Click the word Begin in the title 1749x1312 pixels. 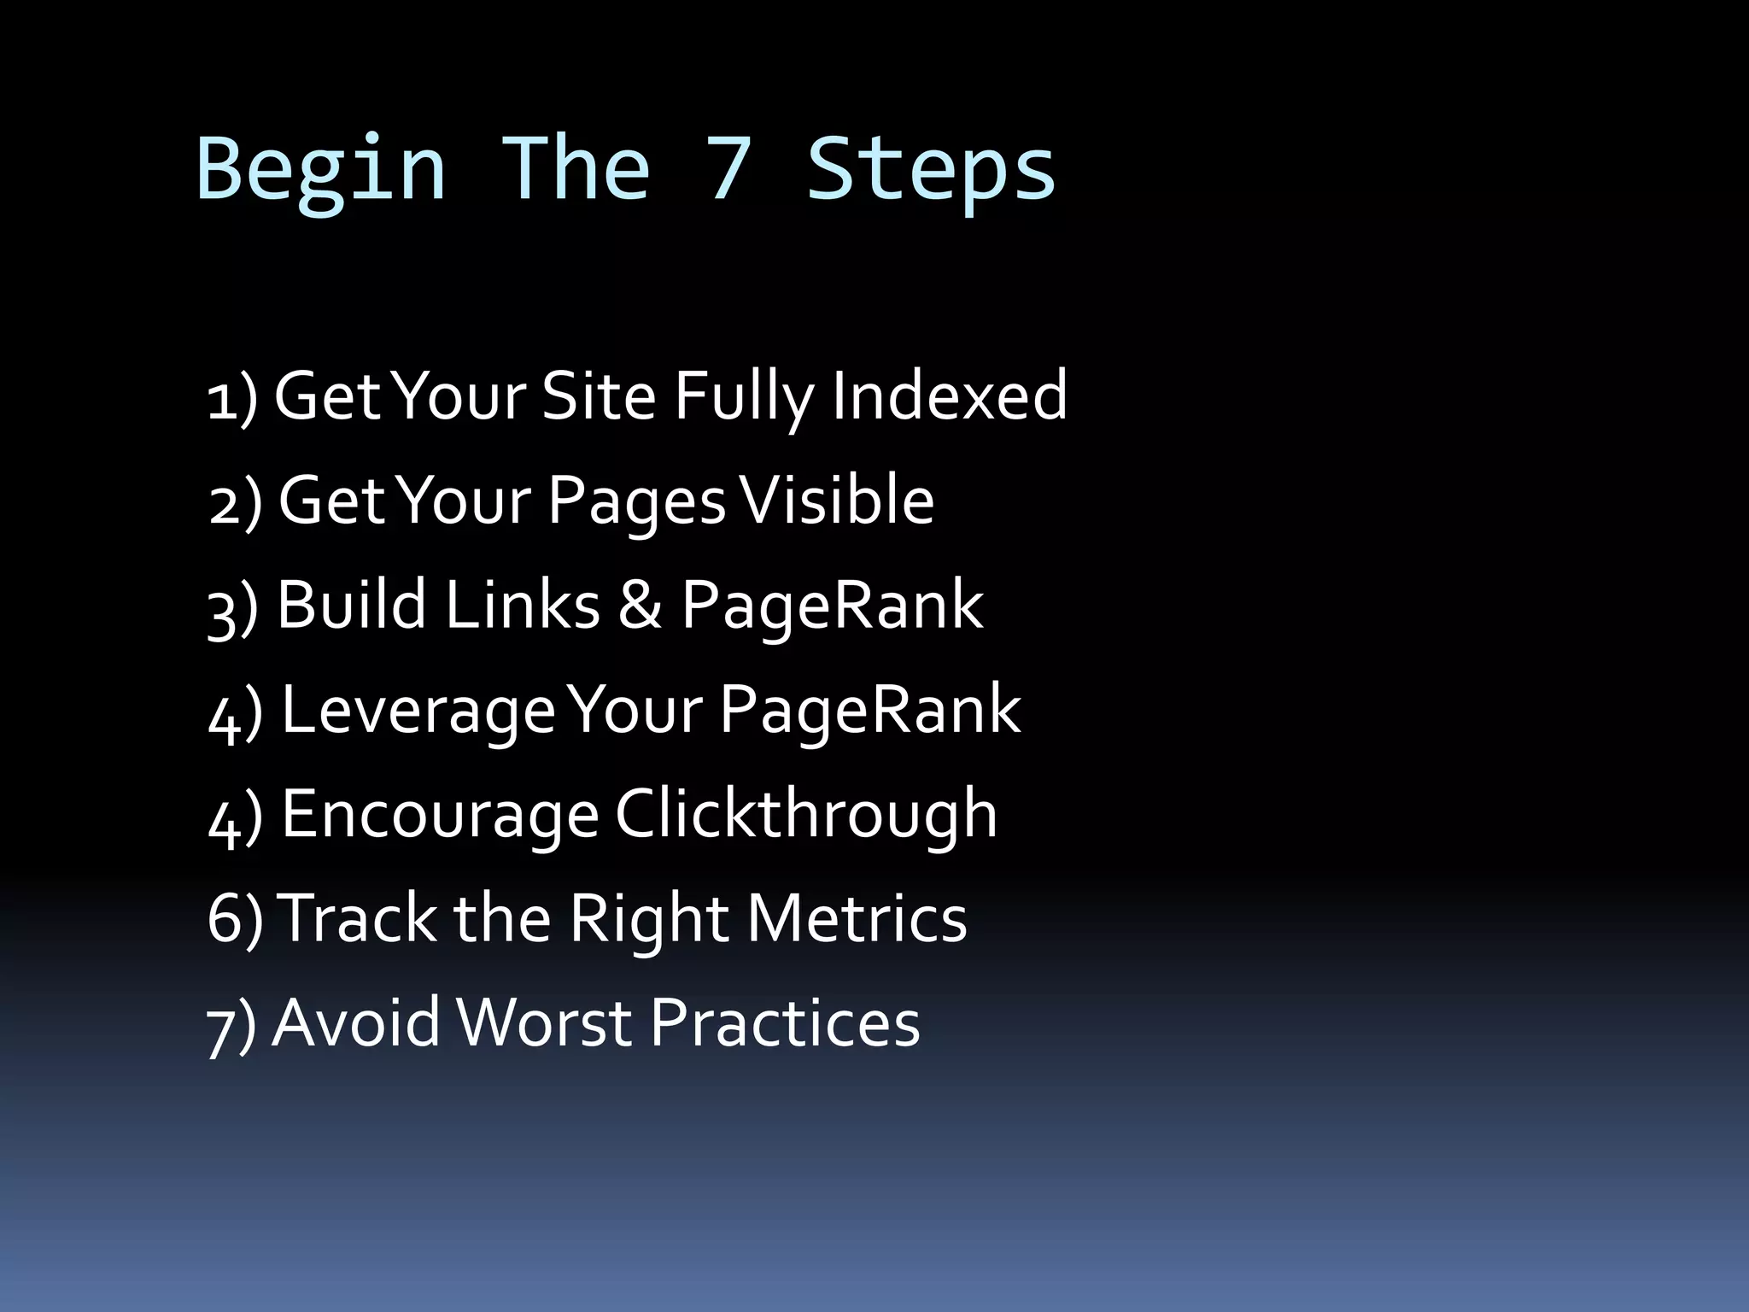click(x=321, y=169)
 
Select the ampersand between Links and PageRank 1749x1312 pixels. click(x=640, y=605)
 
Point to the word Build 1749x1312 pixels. click(x=351, y=605)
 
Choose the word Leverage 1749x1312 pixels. click(x=418, y=711)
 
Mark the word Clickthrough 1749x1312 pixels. click(x=805, y=814)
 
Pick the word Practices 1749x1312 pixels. click(x=785, y=1022)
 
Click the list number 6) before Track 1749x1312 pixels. click(x=234, y=919)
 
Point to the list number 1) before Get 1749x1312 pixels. click(x=231, y=398)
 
